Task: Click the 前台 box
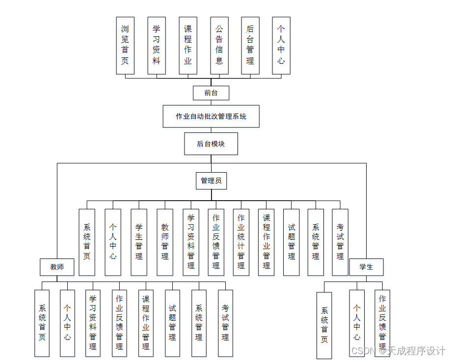(x=211, y=93)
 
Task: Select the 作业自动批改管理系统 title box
(x=211, y=116)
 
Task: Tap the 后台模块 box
(x=211, y=144)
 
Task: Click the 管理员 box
(x=211, y=180)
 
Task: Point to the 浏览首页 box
(x=125, y=46)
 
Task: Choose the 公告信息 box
(x=219, y=46)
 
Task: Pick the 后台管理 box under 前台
(x=250, y=46)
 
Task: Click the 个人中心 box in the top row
(x=281, y=46)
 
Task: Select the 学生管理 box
(x=139, y=242)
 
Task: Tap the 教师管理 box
(x=165, y=242)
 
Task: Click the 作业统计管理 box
(x=241, y=242)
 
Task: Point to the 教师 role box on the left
(x=57, y=267)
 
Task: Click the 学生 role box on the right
(x=366, y=267)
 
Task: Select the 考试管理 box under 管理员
(x=340, y=242)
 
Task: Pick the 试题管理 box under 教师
(x=172, y=323)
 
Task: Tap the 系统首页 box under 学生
(x=324, y=325)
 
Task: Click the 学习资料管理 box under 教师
(x=93, y=323)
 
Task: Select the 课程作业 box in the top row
(x=188, y=46)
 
